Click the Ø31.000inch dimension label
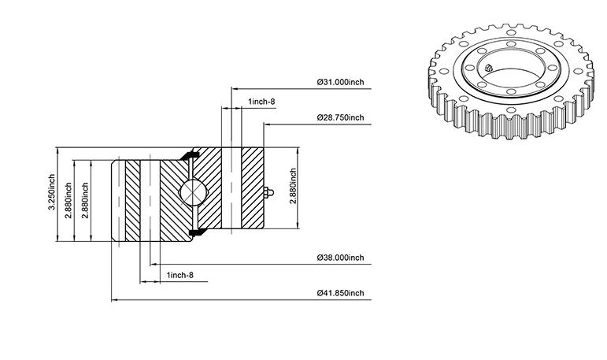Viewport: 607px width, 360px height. coord(341,82)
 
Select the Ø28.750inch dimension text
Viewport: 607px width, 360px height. coord(341,117)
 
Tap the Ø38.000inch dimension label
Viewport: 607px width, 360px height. coord(341,258)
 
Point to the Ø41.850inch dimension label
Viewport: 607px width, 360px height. coord(341,293)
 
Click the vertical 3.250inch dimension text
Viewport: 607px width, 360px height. coord(51,193)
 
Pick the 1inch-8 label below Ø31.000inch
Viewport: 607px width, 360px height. coord(261,102)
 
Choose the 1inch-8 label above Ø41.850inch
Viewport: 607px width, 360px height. coord(180,275)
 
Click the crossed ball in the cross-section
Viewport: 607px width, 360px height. coord(193,192)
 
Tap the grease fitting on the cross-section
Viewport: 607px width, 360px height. coord(268,192)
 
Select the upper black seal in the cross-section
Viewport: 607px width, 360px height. coord(190,155)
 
